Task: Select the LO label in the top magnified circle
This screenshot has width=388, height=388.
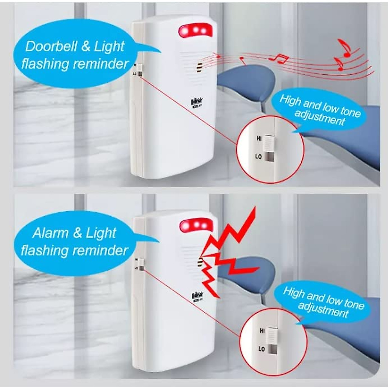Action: pyautogui.click(x=258, y=156)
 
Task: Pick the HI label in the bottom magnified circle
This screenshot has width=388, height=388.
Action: pyautogui.click(x=262, y=331)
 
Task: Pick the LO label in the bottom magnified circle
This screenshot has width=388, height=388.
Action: pyautogui.click(x=262, y=349)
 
